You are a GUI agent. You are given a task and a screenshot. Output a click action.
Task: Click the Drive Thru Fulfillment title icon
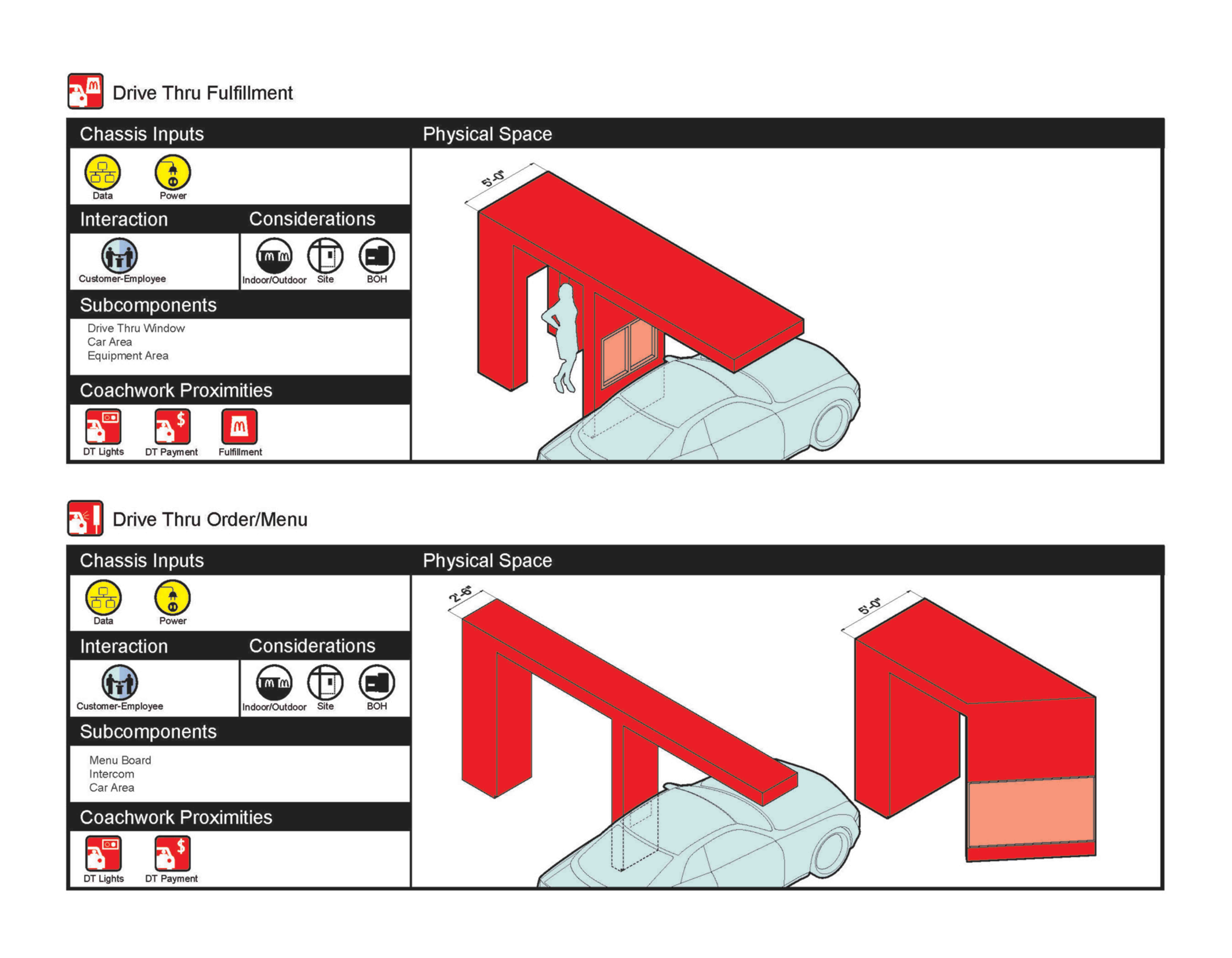point(85,91)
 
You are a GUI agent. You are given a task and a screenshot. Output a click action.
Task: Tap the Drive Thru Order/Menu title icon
point(85,517)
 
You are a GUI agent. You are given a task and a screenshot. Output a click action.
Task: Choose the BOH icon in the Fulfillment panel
point(377,256)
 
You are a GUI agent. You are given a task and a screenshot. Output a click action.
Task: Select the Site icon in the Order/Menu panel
point(326,683)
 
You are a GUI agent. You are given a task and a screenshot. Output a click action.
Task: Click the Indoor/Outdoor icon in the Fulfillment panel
point(274,256)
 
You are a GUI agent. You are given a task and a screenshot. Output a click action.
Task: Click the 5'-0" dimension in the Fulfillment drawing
point(493,178)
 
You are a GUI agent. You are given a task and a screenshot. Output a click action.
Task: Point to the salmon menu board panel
point(1031,811)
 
